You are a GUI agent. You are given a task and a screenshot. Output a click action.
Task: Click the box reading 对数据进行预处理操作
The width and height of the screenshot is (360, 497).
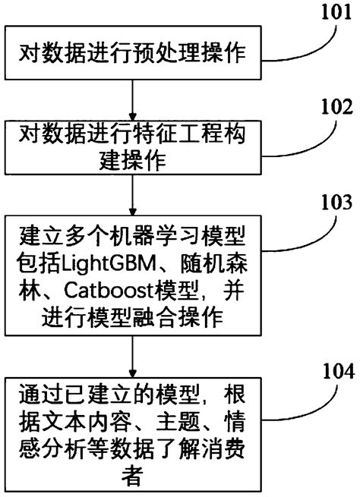133,53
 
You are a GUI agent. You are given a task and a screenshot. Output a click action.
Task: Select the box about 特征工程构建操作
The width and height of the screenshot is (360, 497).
133,148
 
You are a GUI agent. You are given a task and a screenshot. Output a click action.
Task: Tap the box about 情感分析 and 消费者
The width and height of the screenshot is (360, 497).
133,436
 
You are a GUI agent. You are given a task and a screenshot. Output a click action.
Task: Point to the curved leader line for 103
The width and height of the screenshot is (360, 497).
304,228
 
